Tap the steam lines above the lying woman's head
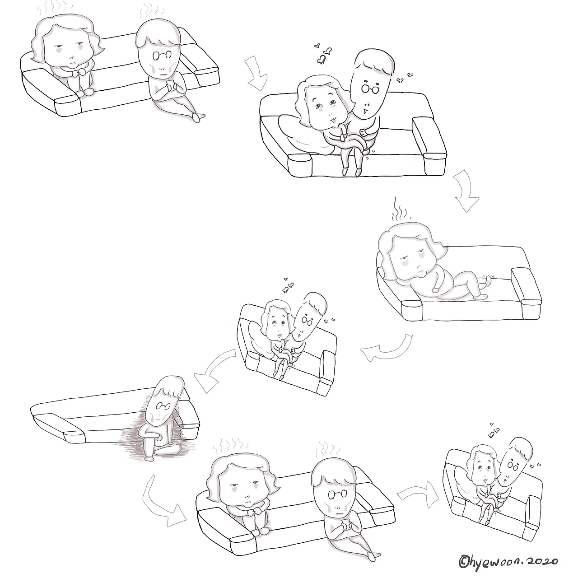[x=401, y=209]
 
